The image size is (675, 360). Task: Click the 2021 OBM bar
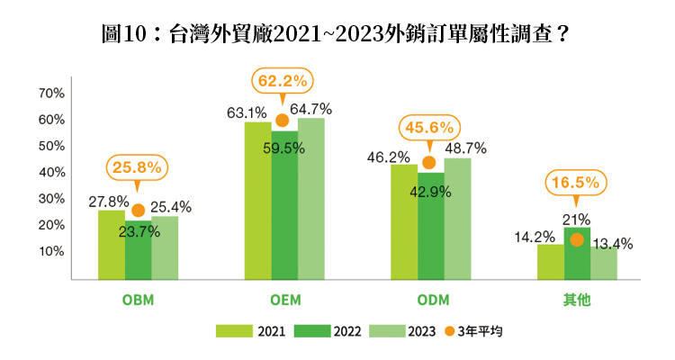tap(111, 245)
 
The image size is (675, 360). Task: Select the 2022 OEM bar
tap(284, 211)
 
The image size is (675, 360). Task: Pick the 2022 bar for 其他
tap(577, 256)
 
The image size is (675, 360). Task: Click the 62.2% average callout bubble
tap(282, 81)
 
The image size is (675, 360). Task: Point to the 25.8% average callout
tap(138, 166)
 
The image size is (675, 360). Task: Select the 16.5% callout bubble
tap(577, 183)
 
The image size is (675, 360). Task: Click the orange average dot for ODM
tap(429, 163)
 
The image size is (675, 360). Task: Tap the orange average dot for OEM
tap(282, 121)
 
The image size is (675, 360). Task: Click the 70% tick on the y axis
tap(50, 94)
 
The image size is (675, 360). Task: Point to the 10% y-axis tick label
tap(50, 252)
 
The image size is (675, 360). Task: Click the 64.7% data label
tap(310, 109)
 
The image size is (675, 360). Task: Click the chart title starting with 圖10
tap(337, 35)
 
